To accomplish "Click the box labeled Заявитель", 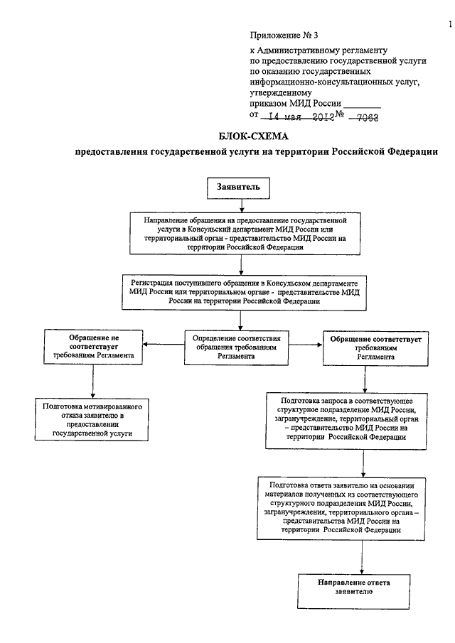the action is click(x=238, y=188).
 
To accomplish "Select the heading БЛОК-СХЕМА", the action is click(x=253, y=136).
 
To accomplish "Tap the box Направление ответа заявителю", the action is click(x=353, y=591).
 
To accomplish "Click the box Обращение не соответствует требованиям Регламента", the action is click(x=94, y=347).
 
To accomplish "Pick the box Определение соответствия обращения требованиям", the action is click(x=236, y=347).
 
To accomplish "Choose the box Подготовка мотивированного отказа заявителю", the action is click(x=92, y=419).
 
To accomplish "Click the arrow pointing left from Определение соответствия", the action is click(x=164, y=345).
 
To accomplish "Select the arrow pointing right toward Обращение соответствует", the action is click(x=306, y=345).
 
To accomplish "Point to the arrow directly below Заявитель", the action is click(x=242, y=206).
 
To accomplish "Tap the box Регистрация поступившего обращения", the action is click(x=244, y=293).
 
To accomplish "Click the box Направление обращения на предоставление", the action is click(x=245, y=234).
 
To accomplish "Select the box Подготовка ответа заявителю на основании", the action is click(x=341, y=508).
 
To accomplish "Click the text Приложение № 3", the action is click(x=284, y=36).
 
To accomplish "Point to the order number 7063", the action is click(x=368, y=118).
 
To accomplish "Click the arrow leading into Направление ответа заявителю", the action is click(x=362, y=557).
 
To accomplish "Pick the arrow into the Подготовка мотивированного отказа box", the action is click(x=92, y=381).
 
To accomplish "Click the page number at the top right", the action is click(x=451, y=25).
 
